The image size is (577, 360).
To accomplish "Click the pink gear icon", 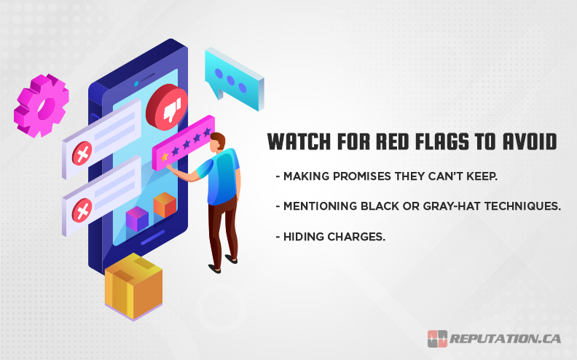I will tap(41, 104).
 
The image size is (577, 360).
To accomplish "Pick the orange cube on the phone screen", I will tap(165, 205).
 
